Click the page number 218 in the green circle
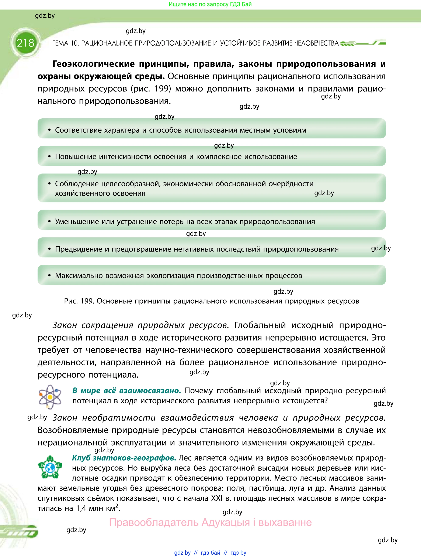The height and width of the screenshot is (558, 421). point(25,43)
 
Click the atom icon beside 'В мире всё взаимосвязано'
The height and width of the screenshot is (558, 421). point(50,397)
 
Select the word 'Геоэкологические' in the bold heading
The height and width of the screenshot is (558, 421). point(94,64)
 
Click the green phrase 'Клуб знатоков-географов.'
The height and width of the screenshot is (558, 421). point(124,458)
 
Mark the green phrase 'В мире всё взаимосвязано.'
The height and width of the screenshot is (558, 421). point(127,391)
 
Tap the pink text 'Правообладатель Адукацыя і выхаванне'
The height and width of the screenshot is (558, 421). point(210,522)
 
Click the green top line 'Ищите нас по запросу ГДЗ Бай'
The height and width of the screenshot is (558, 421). point(210,4)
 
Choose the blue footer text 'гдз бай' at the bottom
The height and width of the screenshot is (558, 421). point(210,553)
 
